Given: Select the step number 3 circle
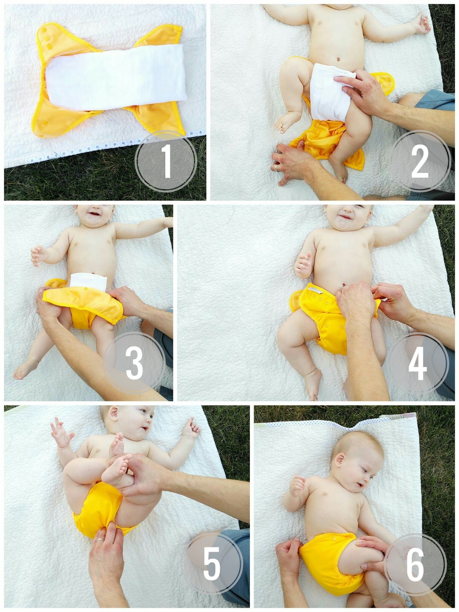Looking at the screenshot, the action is [x=135, y=363].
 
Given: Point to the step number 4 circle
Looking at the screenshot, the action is [x=417, y=363].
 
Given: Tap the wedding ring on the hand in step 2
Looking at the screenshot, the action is [x=276, y=168].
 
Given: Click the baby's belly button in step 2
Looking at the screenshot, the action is [x=338, y=59].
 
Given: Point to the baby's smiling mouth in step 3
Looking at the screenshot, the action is [x=94, y=215].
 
